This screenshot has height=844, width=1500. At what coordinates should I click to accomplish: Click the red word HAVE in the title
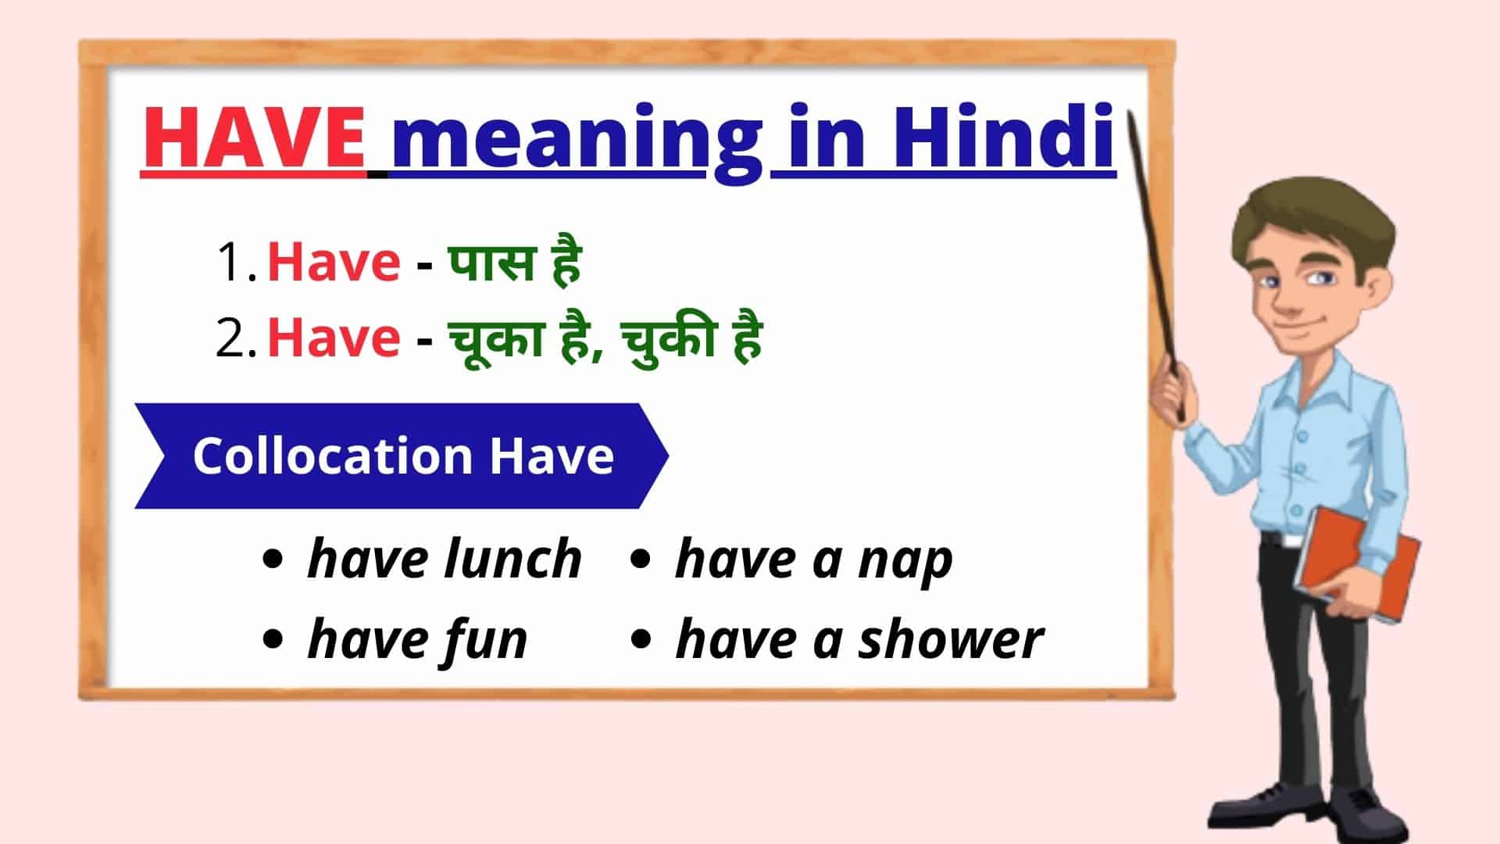254,139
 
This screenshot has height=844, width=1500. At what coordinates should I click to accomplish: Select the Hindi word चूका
495,339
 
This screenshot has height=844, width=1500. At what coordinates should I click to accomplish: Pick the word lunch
512,560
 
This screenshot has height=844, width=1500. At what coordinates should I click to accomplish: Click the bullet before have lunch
273,560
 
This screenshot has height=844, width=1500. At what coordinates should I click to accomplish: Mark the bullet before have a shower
641,639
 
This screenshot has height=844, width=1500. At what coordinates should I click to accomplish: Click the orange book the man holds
1357,564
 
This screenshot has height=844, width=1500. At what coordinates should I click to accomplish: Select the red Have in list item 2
334,338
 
